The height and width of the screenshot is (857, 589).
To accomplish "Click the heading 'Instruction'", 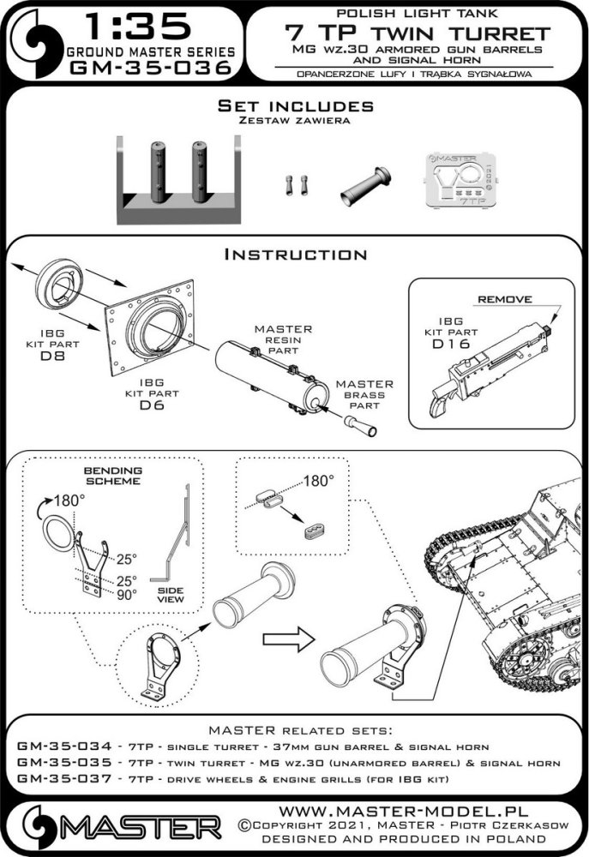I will pyautogui.click(x=295, y=255).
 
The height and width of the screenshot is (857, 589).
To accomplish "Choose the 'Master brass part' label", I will pyautogui.click(x=364, y=395).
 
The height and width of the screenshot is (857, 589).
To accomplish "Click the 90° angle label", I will pyautogui.click(x=128, y=593).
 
